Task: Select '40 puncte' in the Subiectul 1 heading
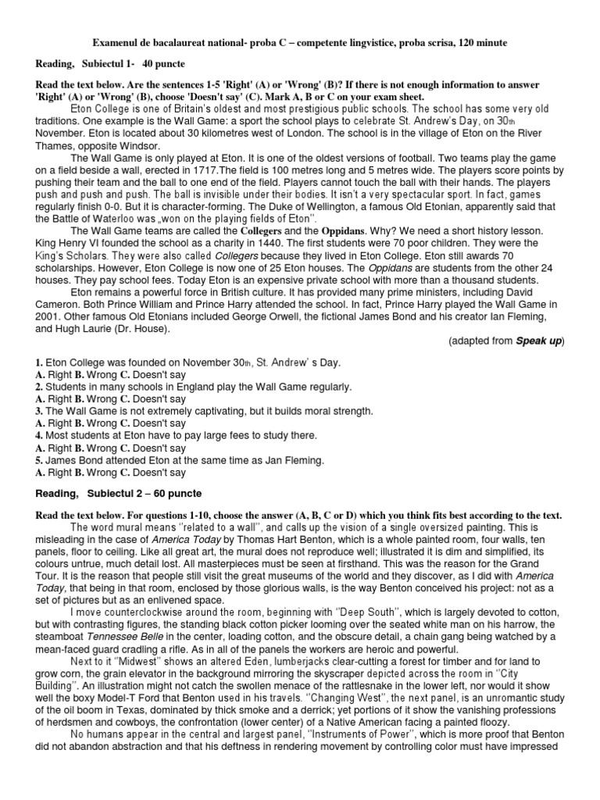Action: point(164,62)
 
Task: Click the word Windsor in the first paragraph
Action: point(137,145)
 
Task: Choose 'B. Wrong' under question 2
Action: point(89,399)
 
